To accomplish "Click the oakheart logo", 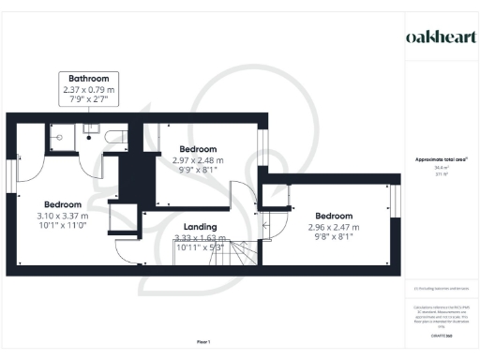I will pyautogui.click(x=441, y=37).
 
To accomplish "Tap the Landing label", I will pyautogui.click(x=201, y=227).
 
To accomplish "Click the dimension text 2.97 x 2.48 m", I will pyautogui.click(x=199, y=160).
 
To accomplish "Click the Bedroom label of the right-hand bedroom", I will pyautogui.click(x=334, y=215).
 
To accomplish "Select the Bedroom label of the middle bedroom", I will pyautogui.click(x=199, y=149).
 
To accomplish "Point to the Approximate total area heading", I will pyautogui.click(x=441, y=160).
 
